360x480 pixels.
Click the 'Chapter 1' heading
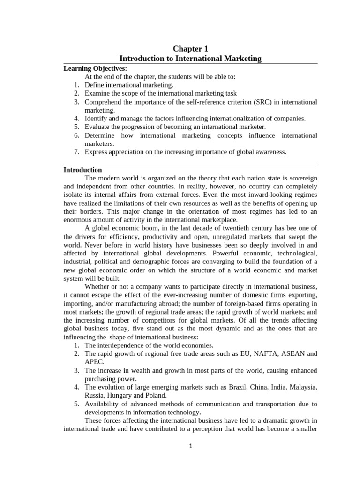click(190, 48)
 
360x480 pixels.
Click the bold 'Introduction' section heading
click(82, 170)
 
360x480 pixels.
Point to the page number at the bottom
click(191, 447)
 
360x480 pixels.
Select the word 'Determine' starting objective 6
click(100, 135)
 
